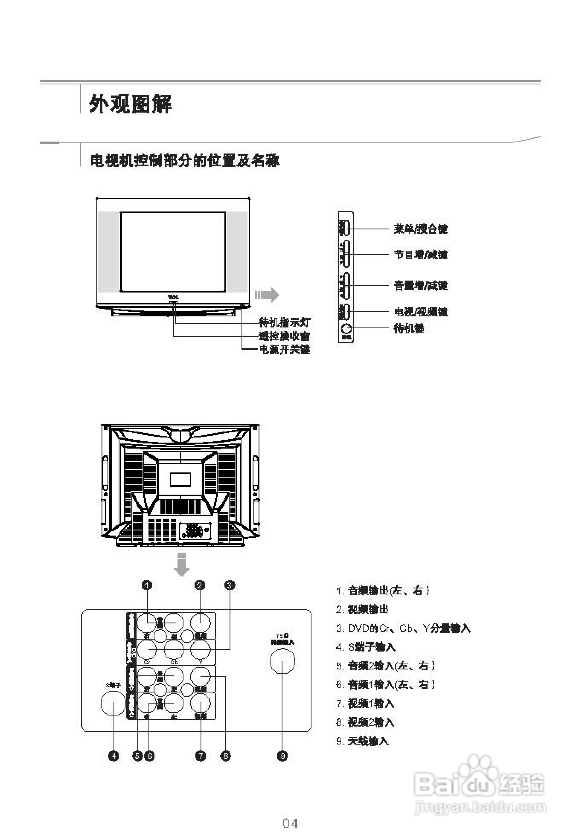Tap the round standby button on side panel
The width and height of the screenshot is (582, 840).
(346, 328)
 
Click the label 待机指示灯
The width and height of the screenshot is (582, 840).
(284, 323)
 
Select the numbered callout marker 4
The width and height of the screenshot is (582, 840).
(114, 756)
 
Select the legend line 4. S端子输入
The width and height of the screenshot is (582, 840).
(366, 647)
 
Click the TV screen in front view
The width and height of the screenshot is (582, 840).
(173, 252)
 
